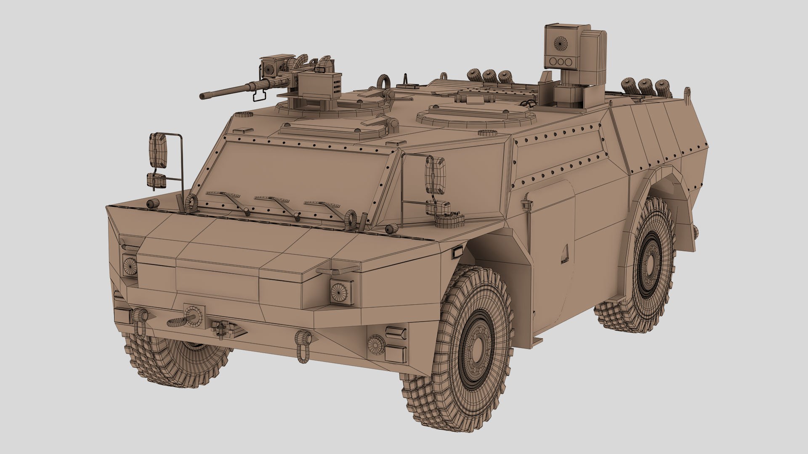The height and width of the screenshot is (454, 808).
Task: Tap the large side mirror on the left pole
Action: (159, 150)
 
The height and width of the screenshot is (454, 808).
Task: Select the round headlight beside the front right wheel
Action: (338, 290)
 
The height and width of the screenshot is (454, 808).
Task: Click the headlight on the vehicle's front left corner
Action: (130, 266)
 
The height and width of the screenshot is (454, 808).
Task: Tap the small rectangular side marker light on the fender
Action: (456, 253)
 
